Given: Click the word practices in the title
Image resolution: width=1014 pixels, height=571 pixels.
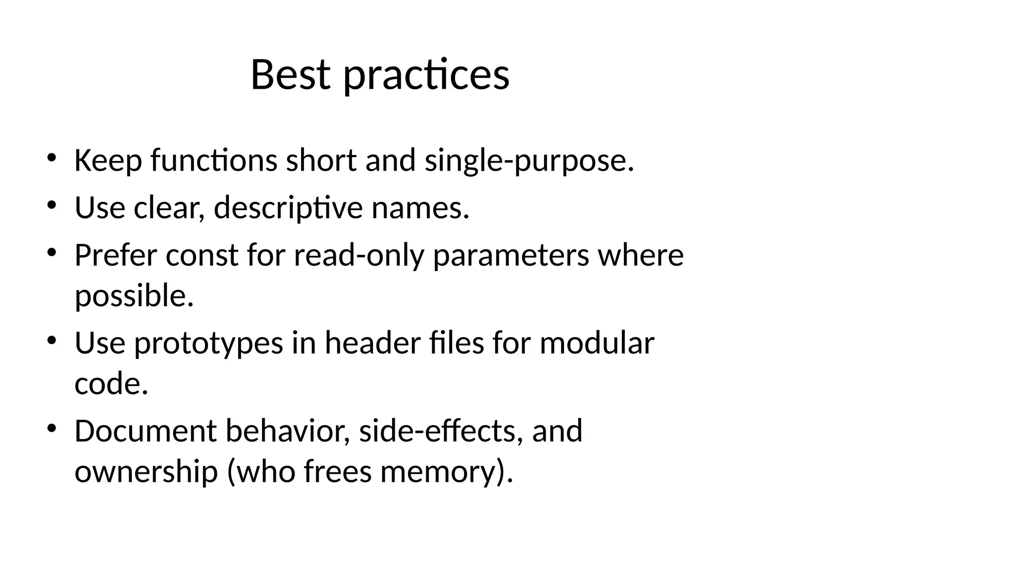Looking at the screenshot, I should pos(426,75).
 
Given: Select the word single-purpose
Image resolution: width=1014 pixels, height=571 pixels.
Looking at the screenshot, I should pos(529,161).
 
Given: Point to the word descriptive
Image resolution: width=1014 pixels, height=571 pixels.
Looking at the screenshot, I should pos(288,208).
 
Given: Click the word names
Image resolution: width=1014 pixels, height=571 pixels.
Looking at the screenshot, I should pos(420,208).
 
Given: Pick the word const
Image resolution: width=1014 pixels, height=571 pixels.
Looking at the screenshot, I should pos(202,255).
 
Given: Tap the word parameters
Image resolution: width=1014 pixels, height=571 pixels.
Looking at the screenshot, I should pos(511,255).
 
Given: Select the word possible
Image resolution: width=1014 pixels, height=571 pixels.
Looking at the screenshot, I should pos(134,296).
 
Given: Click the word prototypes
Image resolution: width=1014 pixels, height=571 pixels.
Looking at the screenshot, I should pos(208,343).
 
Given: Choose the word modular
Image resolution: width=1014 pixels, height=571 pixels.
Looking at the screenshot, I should pos(597,343).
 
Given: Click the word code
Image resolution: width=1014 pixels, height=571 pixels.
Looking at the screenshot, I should pos(111,384).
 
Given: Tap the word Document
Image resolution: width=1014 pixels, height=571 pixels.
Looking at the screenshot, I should pos(146,431).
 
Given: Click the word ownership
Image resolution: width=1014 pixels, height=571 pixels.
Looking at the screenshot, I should pos(146,471).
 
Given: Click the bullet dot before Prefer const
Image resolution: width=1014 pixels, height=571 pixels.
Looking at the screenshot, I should pos(51,253).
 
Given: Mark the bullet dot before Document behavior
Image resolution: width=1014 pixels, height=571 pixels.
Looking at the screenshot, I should pos(51,428).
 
